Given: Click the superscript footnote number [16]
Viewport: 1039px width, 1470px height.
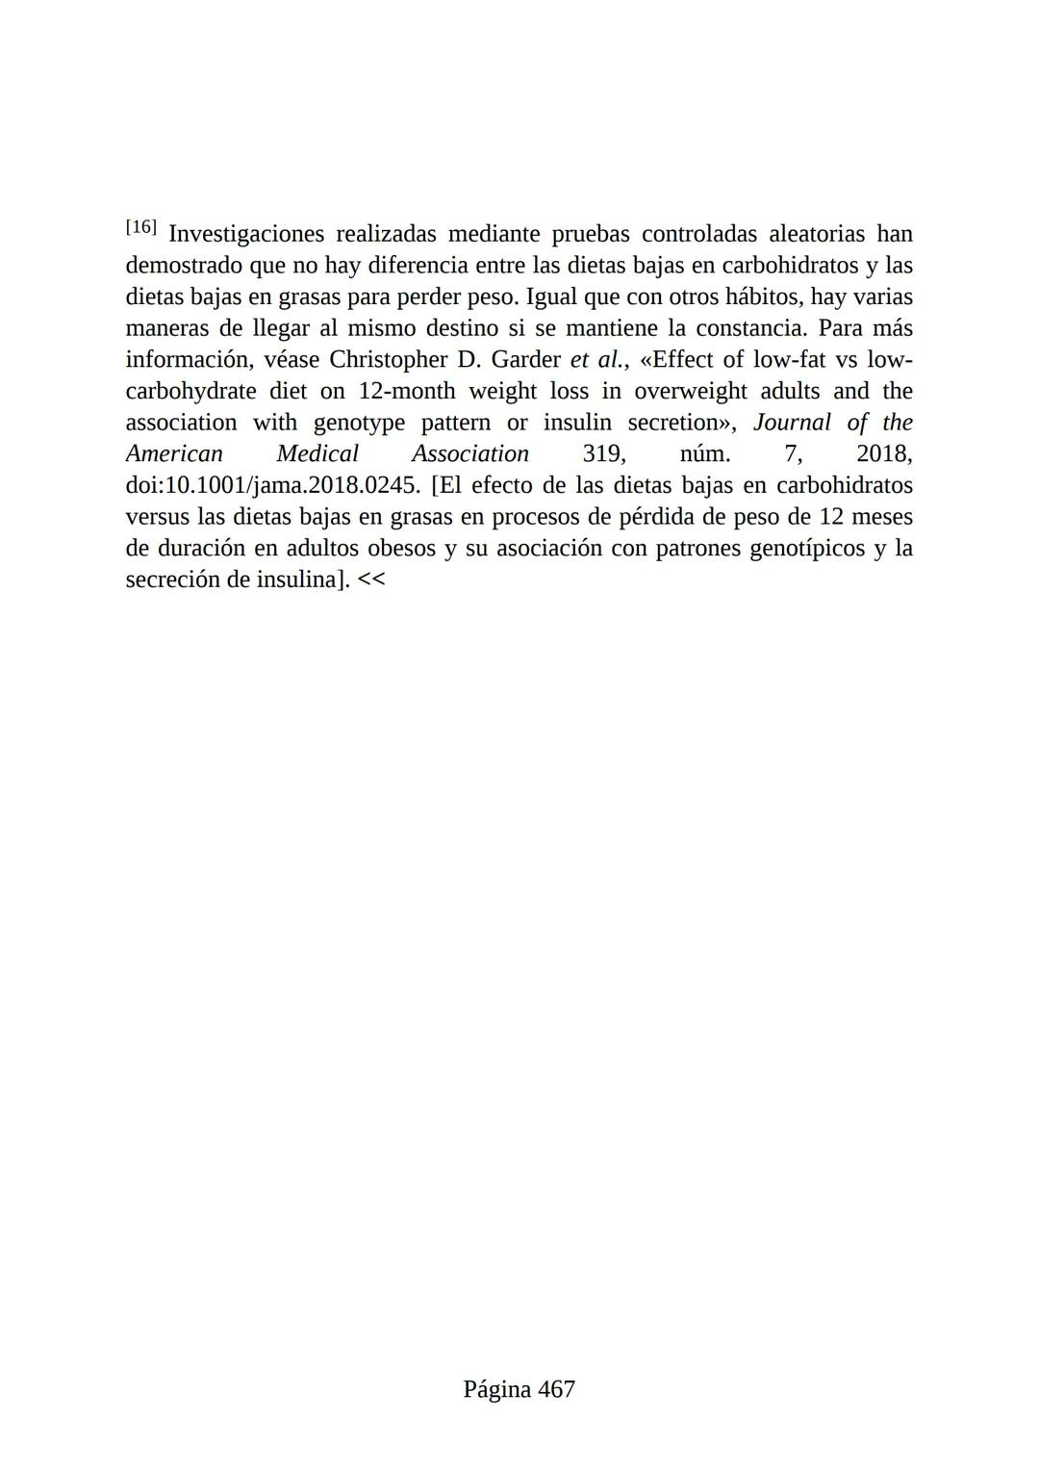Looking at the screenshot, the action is (140, 227).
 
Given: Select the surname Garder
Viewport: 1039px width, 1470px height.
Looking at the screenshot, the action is (525, 360).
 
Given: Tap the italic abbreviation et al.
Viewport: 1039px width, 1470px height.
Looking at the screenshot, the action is (598, 360).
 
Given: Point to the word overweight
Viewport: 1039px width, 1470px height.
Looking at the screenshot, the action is (691, 391).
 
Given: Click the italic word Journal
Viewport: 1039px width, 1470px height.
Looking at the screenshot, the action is (792, 423).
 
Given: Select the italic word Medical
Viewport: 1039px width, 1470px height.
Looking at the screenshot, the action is (317, 454).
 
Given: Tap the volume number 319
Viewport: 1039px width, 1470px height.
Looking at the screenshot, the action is (603, 454).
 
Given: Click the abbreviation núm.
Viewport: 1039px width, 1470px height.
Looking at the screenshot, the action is (704, 454).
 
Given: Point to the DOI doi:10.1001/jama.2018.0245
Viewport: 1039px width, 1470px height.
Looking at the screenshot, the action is (273, 485).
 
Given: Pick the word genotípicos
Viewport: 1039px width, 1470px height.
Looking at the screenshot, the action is (806, 549).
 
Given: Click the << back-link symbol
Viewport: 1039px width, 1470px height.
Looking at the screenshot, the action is (371, 580).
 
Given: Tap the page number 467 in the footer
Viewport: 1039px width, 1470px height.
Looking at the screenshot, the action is (556, 1389).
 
